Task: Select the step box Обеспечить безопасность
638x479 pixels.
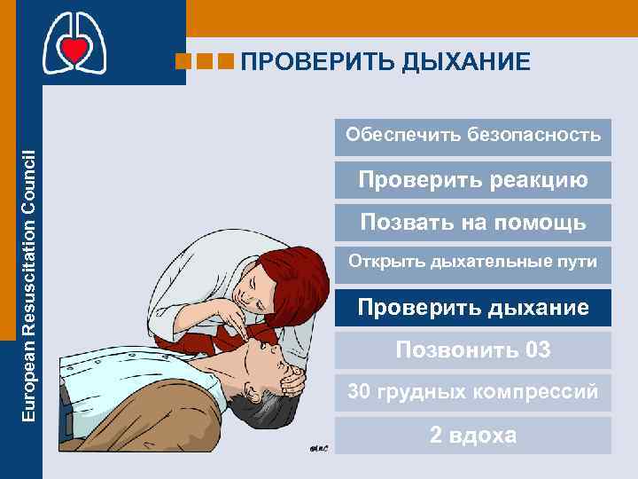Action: (x=473, y=136)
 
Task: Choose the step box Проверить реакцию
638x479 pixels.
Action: (x=473, y=180)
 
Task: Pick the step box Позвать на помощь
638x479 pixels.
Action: (x=473, y=223)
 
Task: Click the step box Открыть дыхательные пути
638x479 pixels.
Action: (x=473, y=263)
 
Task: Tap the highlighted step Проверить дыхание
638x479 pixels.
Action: (x=473, y=308)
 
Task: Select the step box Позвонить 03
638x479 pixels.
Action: (x=473, y=349)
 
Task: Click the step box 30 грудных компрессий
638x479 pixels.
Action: (x=473, y=392)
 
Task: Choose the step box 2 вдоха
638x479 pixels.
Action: (x=473, y=436)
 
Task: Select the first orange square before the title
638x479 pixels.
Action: (x=183, y=61)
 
